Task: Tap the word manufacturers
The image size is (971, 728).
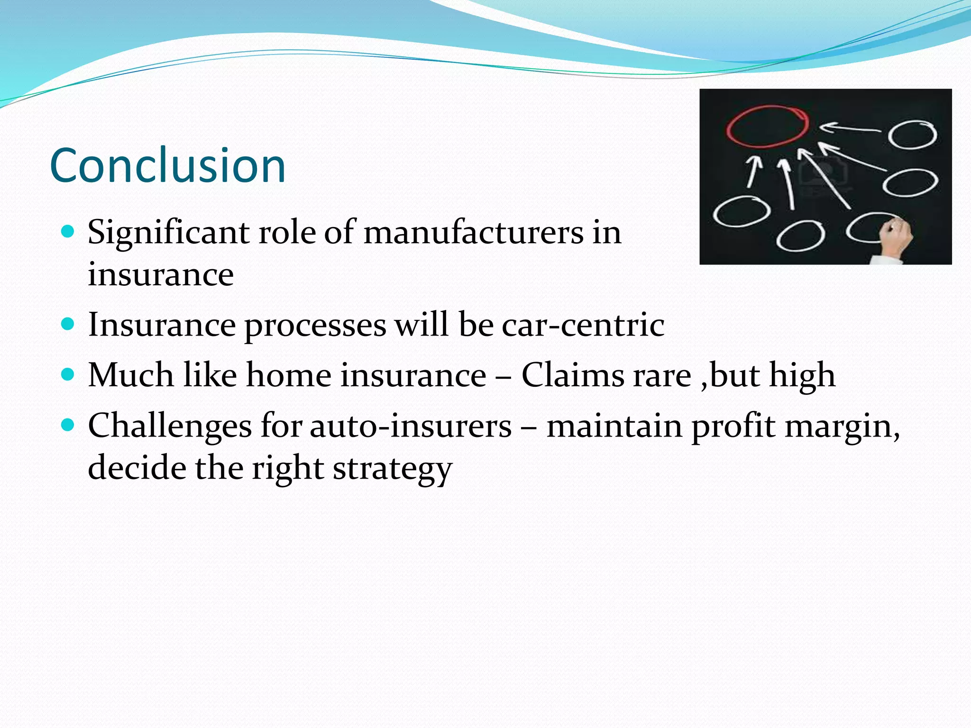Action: (474, 233)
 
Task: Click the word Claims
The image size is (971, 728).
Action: (606, 375)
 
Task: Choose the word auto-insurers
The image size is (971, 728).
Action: (411, 426)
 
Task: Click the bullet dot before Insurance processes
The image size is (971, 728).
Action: (68, 324)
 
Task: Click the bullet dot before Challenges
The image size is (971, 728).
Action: (68, 425)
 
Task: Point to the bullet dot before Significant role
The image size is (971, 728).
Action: (68, 232)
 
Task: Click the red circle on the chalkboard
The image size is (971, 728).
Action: (767, 126)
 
